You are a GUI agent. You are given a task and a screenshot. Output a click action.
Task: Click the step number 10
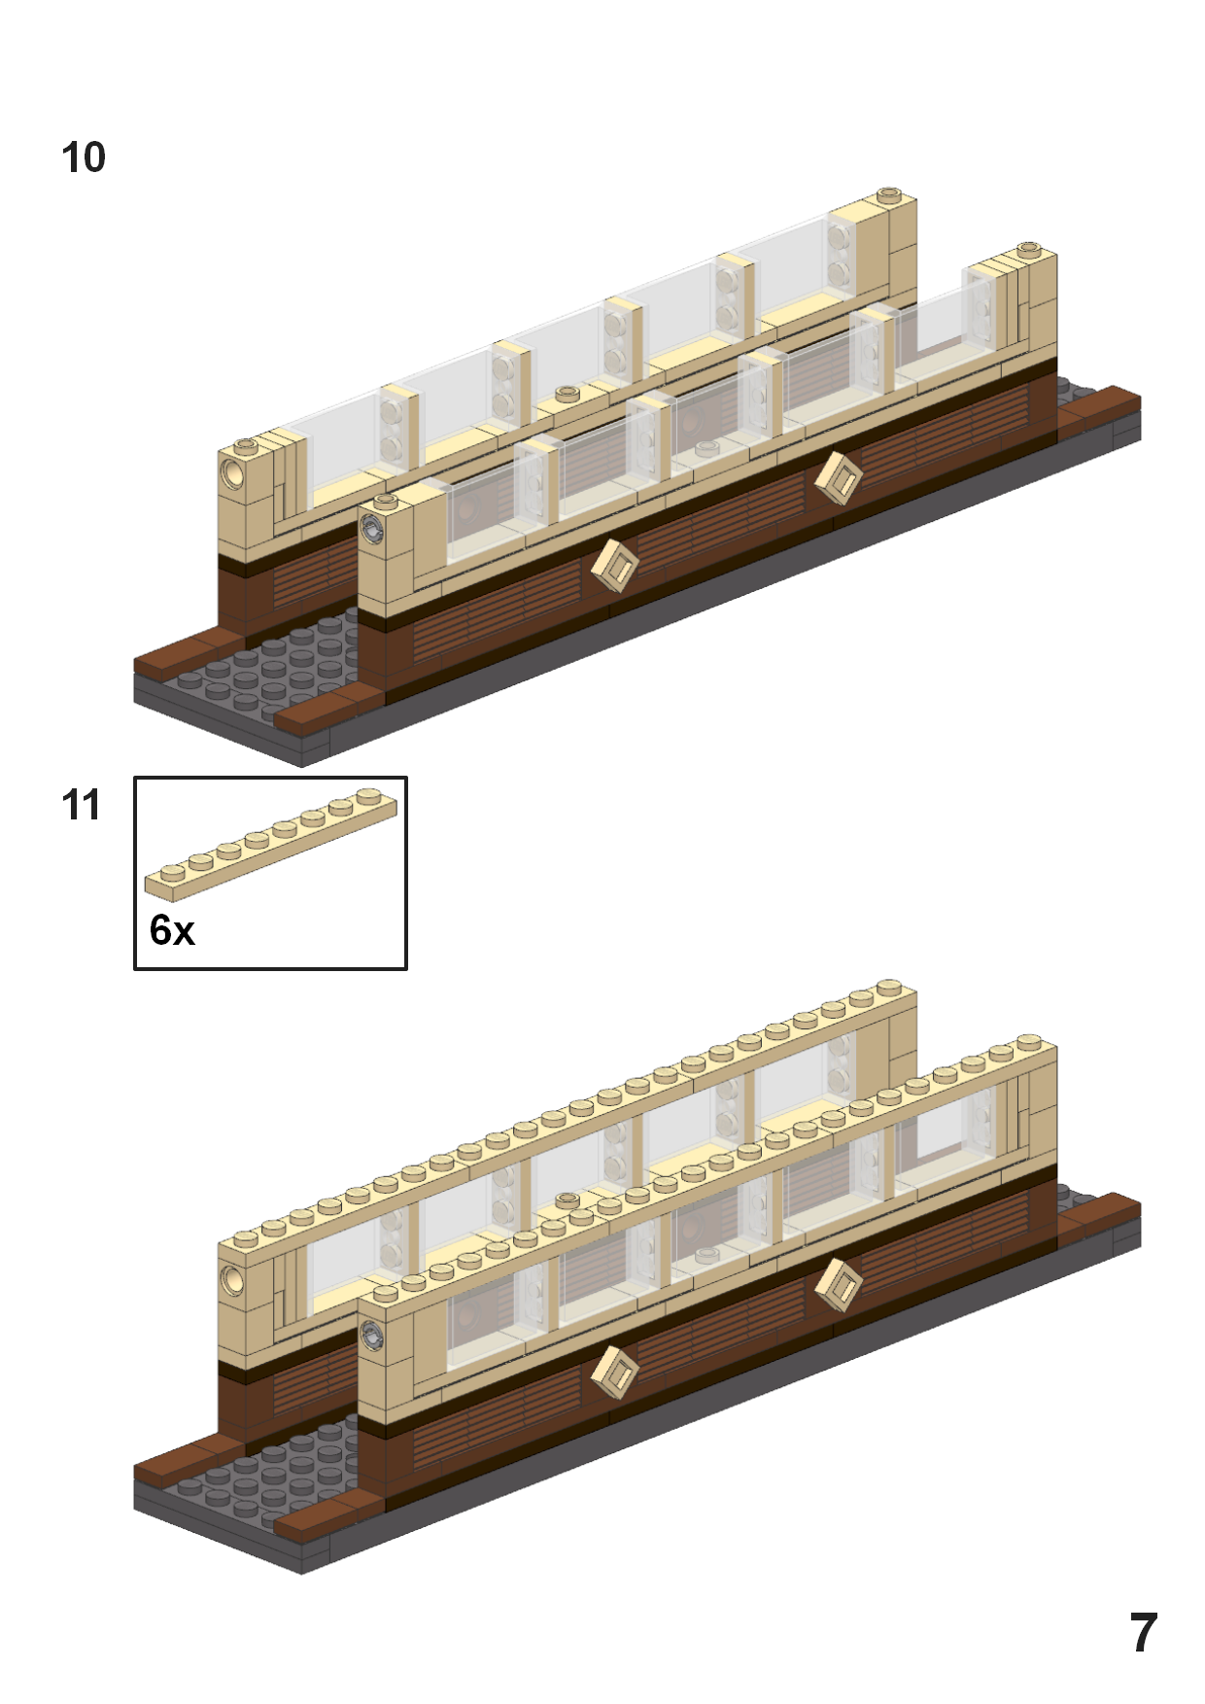point(84,157)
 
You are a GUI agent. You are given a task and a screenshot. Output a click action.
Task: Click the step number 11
point(81,805)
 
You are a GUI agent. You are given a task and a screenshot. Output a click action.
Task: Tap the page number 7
point(1143,1632)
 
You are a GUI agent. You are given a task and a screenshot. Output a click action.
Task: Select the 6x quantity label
point(172,930)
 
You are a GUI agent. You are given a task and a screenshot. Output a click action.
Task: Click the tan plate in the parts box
point(270,843)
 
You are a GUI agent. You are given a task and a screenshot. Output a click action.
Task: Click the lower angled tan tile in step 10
point(614,566)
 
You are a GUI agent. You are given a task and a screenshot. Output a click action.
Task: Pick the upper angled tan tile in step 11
point(838,1285)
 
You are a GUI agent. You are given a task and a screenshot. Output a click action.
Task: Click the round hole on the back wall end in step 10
point(234,474)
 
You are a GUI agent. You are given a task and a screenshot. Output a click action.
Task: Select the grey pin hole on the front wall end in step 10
point(372,530)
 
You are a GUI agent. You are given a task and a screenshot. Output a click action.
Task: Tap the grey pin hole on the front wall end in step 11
point(372,1335)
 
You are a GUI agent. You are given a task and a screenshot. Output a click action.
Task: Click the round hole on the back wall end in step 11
point(233,1280)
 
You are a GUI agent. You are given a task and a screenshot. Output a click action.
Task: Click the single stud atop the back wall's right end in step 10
point(888,195)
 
